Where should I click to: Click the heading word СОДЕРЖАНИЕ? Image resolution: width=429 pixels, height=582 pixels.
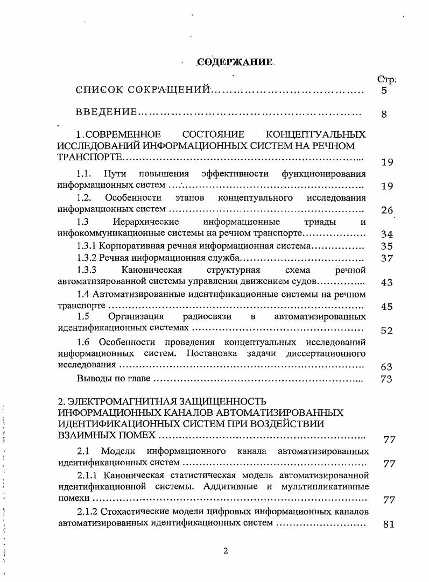(234, 63)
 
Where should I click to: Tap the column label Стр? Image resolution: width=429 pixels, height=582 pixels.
(387, 80)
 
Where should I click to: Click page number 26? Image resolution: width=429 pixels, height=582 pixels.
(387, 210)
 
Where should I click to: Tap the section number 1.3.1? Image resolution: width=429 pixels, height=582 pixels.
(87, 246)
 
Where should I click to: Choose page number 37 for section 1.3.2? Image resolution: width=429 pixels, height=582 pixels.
(387, 259)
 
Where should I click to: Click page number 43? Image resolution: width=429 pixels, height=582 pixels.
(387, 283)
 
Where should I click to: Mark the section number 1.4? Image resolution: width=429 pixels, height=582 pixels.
(83, 294)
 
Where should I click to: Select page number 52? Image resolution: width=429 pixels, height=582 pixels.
(387, 331)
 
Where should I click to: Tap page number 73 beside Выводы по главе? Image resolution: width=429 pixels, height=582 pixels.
(387, 379)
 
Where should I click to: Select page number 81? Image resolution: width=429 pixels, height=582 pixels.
(389, 524)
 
